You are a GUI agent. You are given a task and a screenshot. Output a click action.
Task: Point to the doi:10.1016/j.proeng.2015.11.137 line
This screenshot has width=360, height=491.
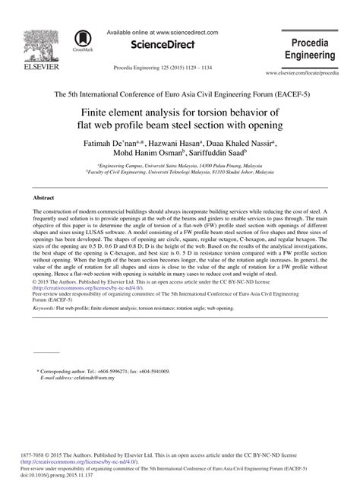tap(68, 483)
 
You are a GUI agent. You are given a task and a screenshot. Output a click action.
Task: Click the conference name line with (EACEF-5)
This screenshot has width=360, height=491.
tap(180, 94)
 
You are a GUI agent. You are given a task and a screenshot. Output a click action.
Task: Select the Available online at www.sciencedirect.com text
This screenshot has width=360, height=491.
tap(163, 33)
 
